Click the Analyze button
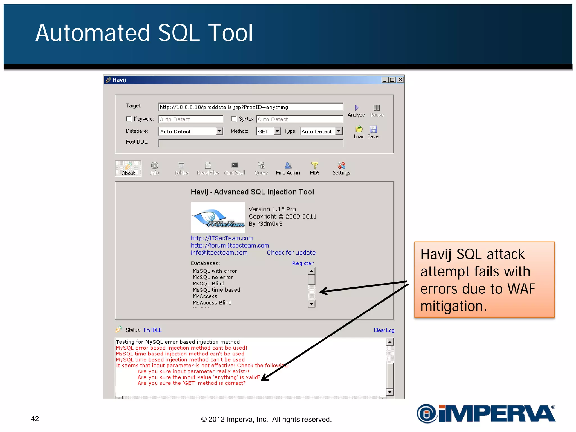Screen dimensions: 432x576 click(356, 111)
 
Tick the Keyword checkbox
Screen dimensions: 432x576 click(129, 119)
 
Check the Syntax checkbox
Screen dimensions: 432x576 click(234, 119)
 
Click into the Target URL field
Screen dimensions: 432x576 click(250, 107)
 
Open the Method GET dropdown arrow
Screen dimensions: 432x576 click(277, 131)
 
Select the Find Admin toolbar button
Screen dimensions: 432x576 click(288, 168)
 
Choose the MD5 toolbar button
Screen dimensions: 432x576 click(315, 168)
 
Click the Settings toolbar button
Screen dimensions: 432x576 click(341, 168)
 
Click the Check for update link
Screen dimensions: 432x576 click(291, 253)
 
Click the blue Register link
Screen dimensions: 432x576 click(303, 263)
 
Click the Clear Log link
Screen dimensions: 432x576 click(384, 330)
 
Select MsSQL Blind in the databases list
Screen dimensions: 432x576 click(208, 283)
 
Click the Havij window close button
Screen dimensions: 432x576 click(400, 80)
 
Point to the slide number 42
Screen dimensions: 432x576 click(35, 419)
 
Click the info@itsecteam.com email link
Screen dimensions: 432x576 click(219, 253)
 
